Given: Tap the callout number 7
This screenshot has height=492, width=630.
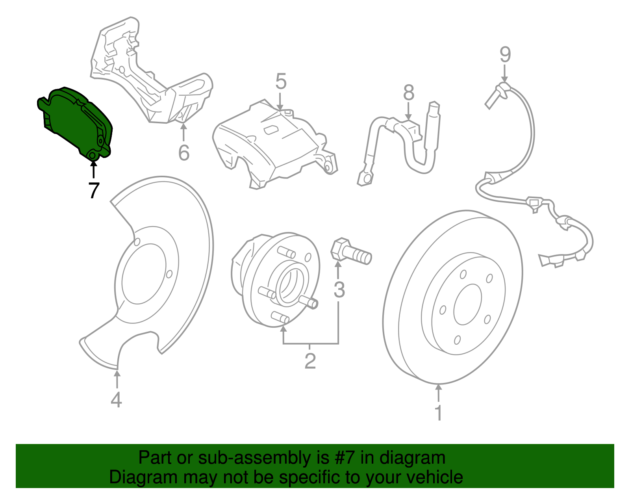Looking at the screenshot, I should coord(93,191).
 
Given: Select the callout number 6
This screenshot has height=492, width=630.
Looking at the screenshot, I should coord(184,153).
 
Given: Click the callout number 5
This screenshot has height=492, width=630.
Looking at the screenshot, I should coord(281,82).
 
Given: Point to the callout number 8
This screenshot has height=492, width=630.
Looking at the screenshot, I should coord(409,93).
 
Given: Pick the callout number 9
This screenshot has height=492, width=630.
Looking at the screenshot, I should coord(505,55).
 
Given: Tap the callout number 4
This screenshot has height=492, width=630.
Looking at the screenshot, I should coord(116,400).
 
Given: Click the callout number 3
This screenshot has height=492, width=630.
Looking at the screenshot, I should coord(339,290).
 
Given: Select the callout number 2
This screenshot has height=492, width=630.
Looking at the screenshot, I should coord(310,361).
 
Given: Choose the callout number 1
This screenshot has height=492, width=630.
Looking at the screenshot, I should coord(438,413).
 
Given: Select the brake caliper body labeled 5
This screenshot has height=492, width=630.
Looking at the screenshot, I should coord(272,146).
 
